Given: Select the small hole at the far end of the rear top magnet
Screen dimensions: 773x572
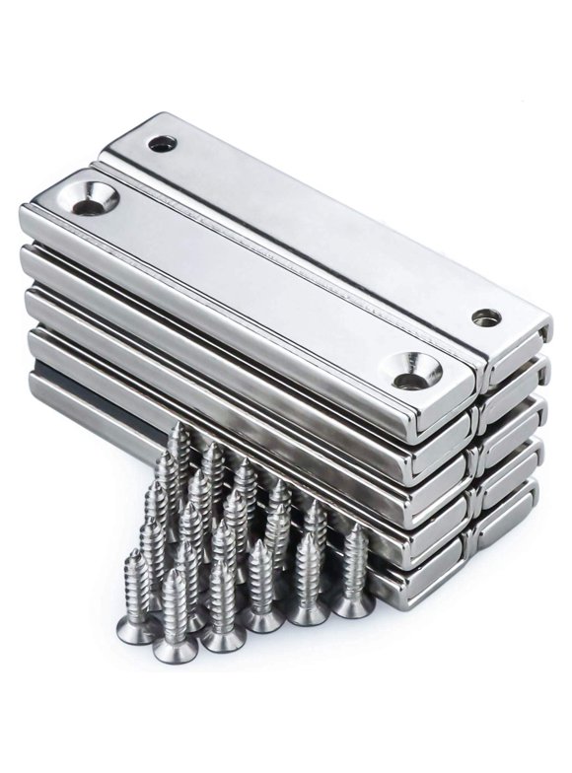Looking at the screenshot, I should click(162, 145).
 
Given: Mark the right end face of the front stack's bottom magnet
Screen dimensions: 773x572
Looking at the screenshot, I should click(434, 582).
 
